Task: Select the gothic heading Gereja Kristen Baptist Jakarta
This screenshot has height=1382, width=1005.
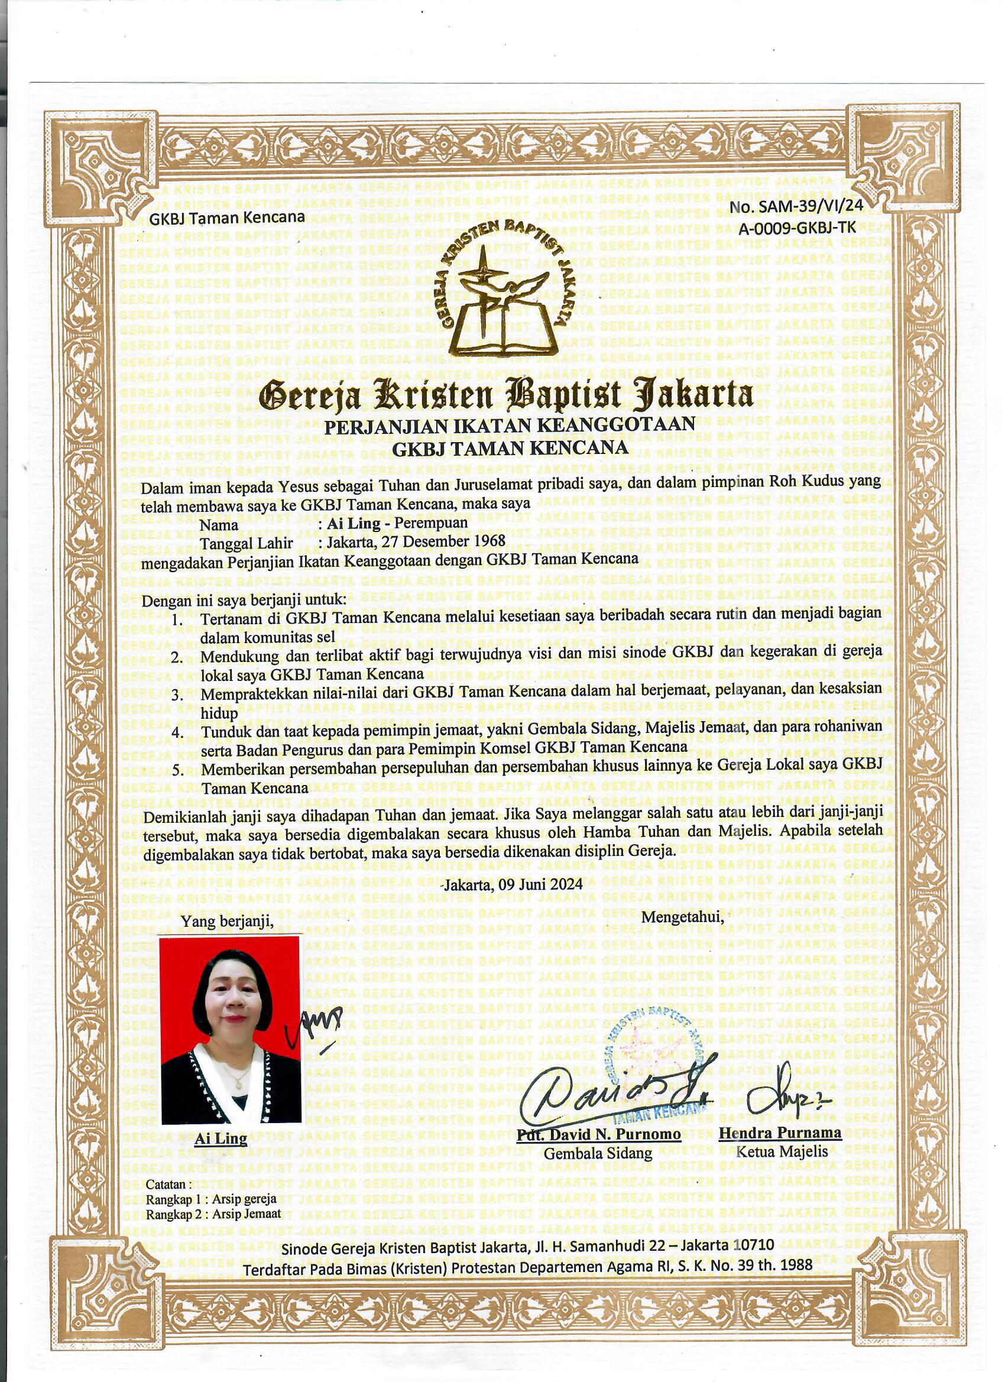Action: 505,395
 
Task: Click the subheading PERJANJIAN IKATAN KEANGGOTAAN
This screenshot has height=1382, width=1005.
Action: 509,426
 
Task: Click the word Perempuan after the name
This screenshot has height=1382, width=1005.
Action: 431,522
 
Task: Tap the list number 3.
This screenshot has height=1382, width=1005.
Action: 177,695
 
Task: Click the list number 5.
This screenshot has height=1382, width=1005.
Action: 177,770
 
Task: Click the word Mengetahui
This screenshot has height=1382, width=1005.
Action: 683,916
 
